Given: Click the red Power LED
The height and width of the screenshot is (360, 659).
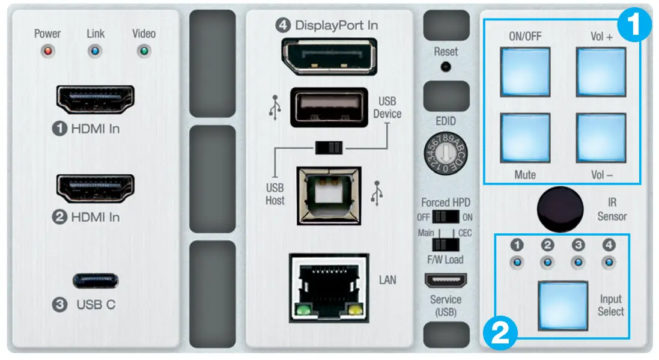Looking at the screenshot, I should pyautogui.click(x=47, y=50).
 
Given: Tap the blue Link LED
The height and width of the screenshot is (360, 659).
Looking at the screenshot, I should pyautogui.click(x=96, y=50).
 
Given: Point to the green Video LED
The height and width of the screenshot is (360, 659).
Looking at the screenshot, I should pyautogui.click(x=144, y=50).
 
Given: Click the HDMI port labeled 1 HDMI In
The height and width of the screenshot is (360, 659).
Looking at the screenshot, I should pyautogui.click(x=95, y=100).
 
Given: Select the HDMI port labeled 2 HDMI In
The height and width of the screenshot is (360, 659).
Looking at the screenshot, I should pyautogui.click(x=95, y=188).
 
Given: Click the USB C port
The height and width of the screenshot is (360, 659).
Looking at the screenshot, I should pyautogui.click(x=96, y=281).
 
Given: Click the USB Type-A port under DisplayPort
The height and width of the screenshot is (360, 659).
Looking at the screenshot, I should pyautogui.click(x=328, y=107).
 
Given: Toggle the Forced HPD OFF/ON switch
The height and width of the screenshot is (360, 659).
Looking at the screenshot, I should pyautogui.click(x=445, y=216).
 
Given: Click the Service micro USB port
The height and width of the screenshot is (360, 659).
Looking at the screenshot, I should pyautogui.click(x=445, y=281).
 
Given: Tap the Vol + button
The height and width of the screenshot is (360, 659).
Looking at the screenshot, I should pyautogui.click(x=601, y=71).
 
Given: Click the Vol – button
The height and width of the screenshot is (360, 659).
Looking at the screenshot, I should pyautogui.click(x=601, y=138).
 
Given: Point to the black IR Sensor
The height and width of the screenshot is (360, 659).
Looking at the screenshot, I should pyautogui.click(x=560, y=209).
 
